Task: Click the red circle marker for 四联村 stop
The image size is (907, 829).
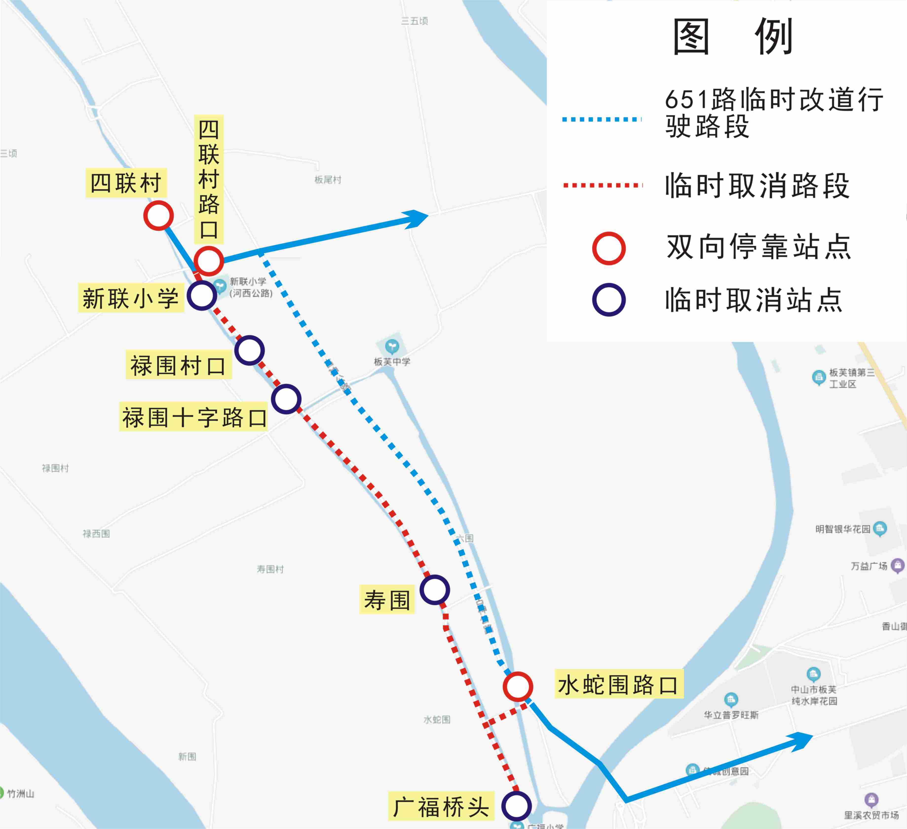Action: (158, 216)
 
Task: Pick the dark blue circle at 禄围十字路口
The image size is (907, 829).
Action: (286, 399)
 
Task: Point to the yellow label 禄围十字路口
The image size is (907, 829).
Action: (193, 417)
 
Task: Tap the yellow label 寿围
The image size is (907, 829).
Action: (387, 600)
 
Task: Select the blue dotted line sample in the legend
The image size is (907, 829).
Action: (602, 119)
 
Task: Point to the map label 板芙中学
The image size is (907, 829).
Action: (392, 361)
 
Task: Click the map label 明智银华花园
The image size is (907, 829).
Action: (843, 529)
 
